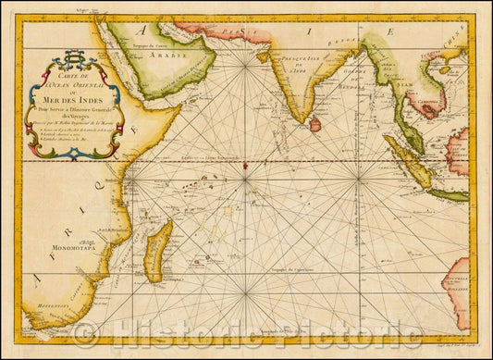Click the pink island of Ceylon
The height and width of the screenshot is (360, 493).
[x=314, y=123]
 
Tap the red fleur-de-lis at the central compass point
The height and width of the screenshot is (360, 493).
[x=245, y=164]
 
